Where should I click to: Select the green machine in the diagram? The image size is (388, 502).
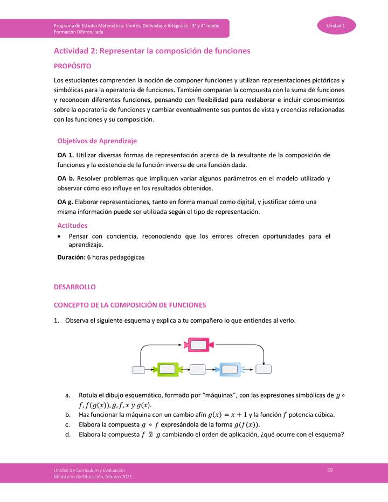(x=167, y=369)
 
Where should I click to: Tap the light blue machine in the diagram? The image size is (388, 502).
(x=231, y=369)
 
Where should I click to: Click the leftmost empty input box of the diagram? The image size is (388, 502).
(x=139, y=369)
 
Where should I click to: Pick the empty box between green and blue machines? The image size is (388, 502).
(x=198, y=369)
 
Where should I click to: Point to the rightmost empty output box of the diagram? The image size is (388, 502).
(x=264, y=369)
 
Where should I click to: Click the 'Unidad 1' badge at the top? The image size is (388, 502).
(x=336, y=26)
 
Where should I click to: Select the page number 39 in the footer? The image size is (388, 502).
(x=330, y=470)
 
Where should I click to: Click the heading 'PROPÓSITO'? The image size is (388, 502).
(x=73, y=66)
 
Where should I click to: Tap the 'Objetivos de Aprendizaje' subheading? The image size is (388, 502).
(x=97, y=141)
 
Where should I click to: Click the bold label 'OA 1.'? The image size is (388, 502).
(x=66, y=155)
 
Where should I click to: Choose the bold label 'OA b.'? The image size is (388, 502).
(x=66, y=178)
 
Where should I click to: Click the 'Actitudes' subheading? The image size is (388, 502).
(x=72, y=226)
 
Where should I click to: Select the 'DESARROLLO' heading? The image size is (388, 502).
(x=75, y=288)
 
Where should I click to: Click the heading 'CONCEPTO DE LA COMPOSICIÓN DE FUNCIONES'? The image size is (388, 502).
(x=130, y=305)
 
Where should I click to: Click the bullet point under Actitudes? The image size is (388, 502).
(x=59, y=236)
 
